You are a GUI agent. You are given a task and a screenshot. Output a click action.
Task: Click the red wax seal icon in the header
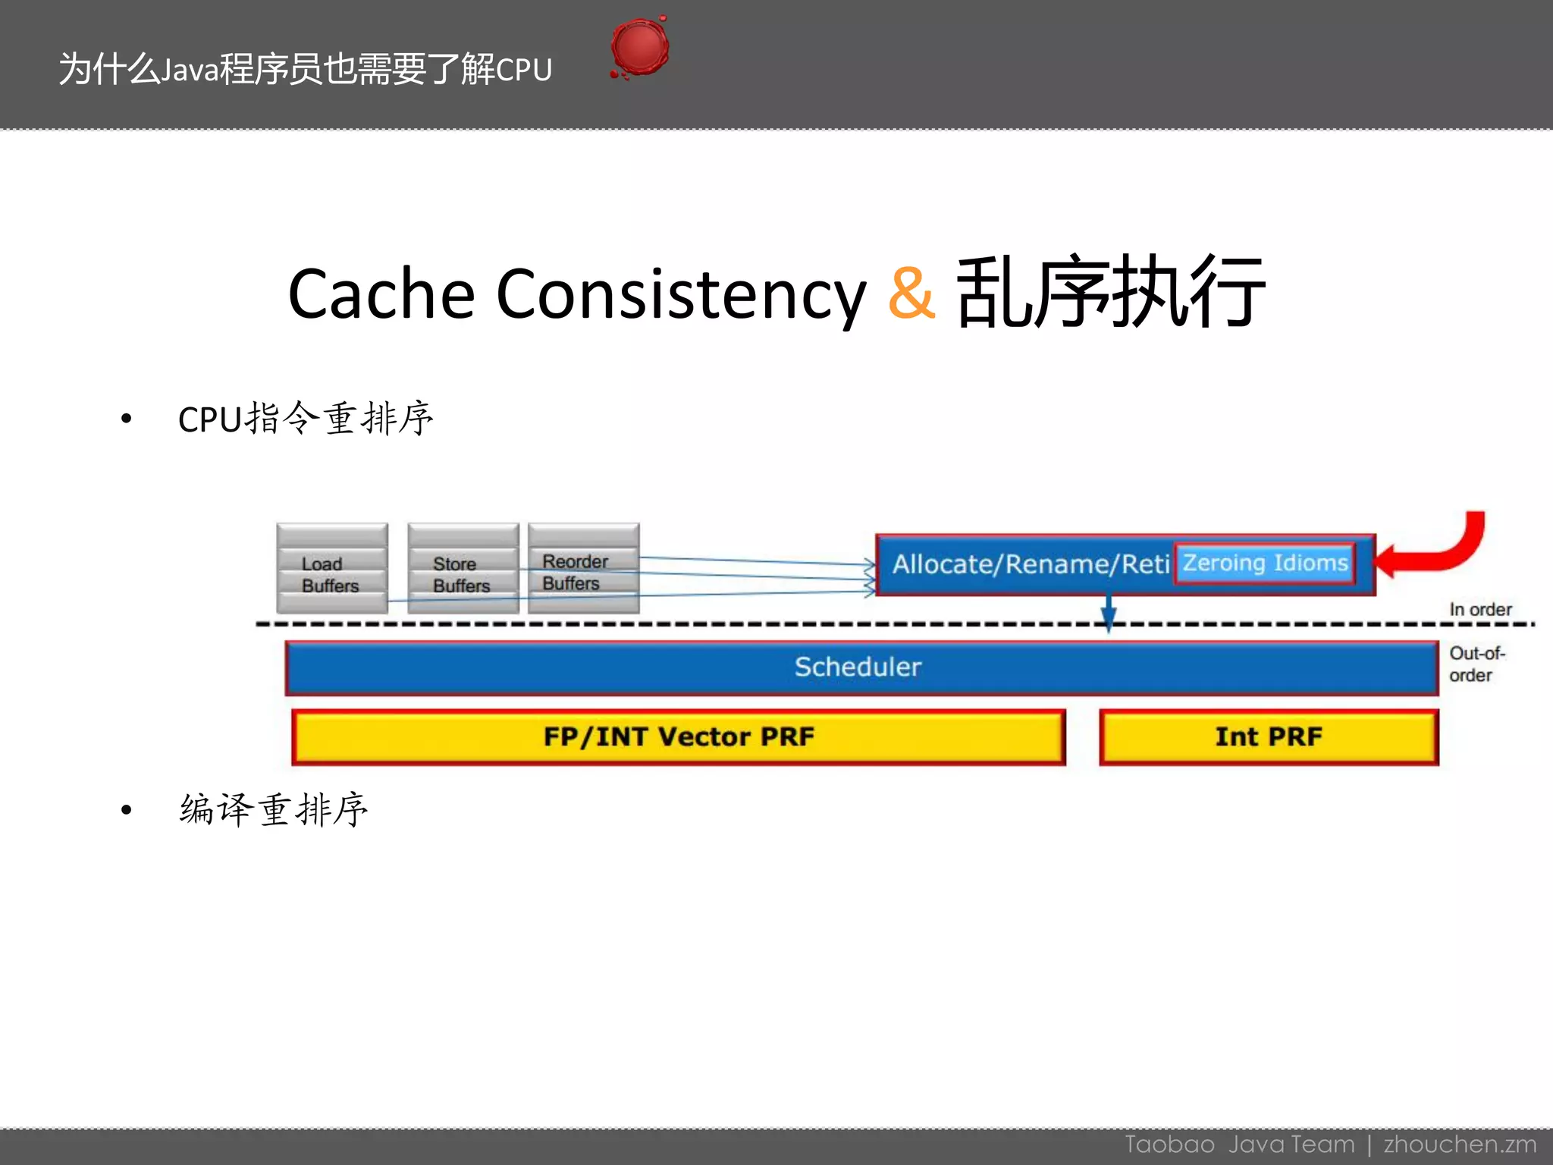(x=639, y=48)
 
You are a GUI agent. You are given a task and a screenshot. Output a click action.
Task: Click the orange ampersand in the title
(x=911, y=293)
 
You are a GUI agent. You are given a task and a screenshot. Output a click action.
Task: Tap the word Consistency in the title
(x=680, y=294)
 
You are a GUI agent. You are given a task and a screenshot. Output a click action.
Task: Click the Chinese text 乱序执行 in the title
(x=1110, y=293)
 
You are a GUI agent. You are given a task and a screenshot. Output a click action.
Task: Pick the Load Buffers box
(x=332, y=569)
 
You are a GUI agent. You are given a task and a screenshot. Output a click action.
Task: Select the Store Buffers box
(x=463, y=569)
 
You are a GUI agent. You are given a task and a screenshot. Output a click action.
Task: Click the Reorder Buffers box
(x=583, y=568)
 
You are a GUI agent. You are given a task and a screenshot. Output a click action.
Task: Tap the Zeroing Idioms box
(x=1265, y=564)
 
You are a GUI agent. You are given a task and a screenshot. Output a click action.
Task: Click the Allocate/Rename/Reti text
(x=1030, y=564)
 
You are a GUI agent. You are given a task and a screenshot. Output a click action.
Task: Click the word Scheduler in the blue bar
(x=858, y=667)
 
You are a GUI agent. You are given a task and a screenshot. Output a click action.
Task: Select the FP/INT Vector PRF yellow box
(x=679, y=736)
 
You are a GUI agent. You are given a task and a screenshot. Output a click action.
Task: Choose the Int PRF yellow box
(x=1269, y=736)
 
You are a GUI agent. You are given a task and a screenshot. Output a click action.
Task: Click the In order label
(x=1479, y=610)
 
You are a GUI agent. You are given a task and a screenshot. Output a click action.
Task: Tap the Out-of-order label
(x=1475, y=664)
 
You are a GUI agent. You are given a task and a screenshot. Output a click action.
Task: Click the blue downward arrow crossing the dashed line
(x=1108, y=611)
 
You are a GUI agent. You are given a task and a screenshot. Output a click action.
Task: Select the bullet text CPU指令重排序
(x=306, y=419)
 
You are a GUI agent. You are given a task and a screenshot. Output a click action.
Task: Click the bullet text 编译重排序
(x=274, y=810)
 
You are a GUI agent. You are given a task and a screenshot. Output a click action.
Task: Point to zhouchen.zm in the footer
(x=1460, y=1144)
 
